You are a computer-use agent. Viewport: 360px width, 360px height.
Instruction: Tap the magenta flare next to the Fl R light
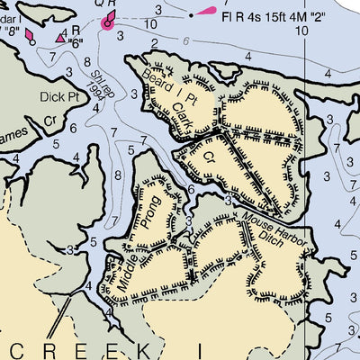pos(206,12)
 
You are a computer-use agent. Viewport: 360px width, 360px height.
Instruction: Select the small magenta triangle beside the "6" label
pos(60,38)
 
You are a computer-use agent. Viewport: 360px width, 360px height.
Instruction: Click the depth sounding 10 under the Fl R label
pos(301,30)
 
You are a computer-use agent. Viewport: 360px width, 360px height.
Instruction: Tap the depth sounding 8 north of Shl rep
pos(86,62)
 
